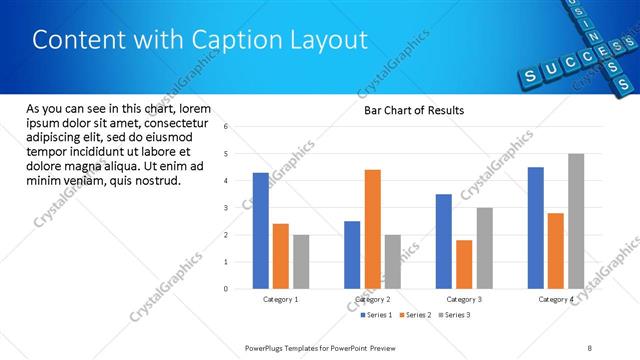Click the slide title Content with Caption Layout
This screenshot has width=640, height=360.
200,41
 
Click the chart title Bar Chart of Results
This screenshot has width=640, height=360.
413,110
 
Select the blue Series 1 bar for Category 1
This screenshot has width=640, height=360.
261,230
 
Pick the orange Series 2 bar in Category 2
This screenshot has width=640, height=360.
372,229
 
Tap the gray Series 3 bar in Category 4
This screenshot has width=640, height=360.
576,221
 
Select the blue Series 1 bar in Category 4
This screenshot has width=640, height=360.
536,227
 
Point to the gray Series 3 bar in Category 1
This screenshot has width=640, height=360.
301,261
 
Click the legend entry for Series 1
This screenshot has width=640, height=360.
376,315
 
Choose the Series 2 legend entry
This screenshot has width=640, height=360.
414,315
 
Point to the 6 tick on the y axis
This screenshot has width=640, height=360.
226,127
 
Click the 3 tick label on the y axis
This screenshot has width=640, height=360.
226,208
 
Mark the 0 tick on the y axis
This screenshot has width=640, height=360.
226,289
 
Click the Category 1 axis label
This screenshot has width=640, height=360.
280,299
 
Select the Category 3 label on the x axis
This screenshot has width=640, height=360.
464,299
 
